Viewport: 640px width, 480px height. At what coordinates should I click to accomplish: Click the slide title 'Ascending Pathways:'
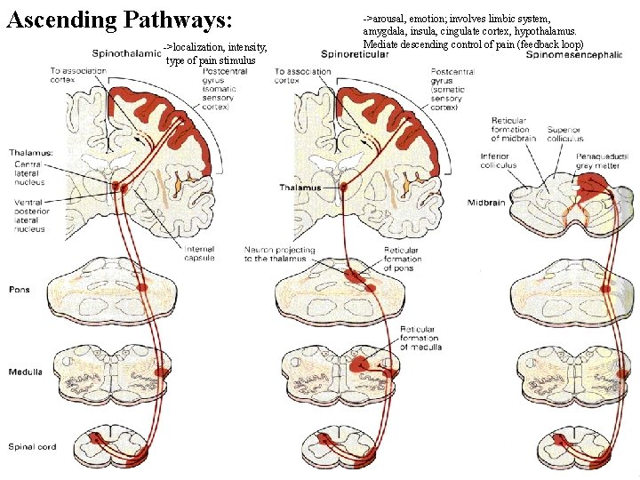point(119,20)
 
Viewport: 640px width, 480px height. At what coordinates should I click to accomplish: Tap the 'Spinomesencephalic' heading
point(574,54)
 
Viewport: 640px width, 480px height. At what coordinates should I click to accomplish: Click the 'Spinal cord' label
point(33,446)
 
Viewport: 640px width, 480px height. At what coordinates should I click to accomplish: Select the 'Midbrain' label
point(487,204)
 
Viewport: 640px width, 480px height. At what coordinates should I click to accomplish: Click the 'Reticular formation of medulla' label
point(419,338)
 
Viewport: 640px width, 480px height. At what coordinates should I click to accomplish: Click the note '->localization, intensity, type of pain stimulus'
point(216,53)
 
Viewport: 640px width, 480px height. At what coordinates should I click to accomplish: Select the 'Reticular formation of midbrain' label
point(511,130)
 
